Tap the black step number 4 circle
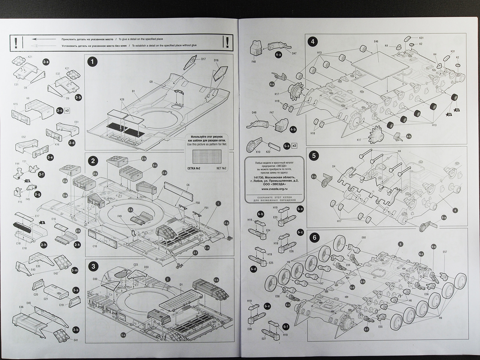(313, 42)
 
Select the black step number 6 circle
(314, 237)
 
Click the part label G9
(151, 82)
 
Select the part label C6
(187, 185)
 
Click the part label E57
(445, 252)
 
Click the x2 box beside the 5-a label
(294, 145)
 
